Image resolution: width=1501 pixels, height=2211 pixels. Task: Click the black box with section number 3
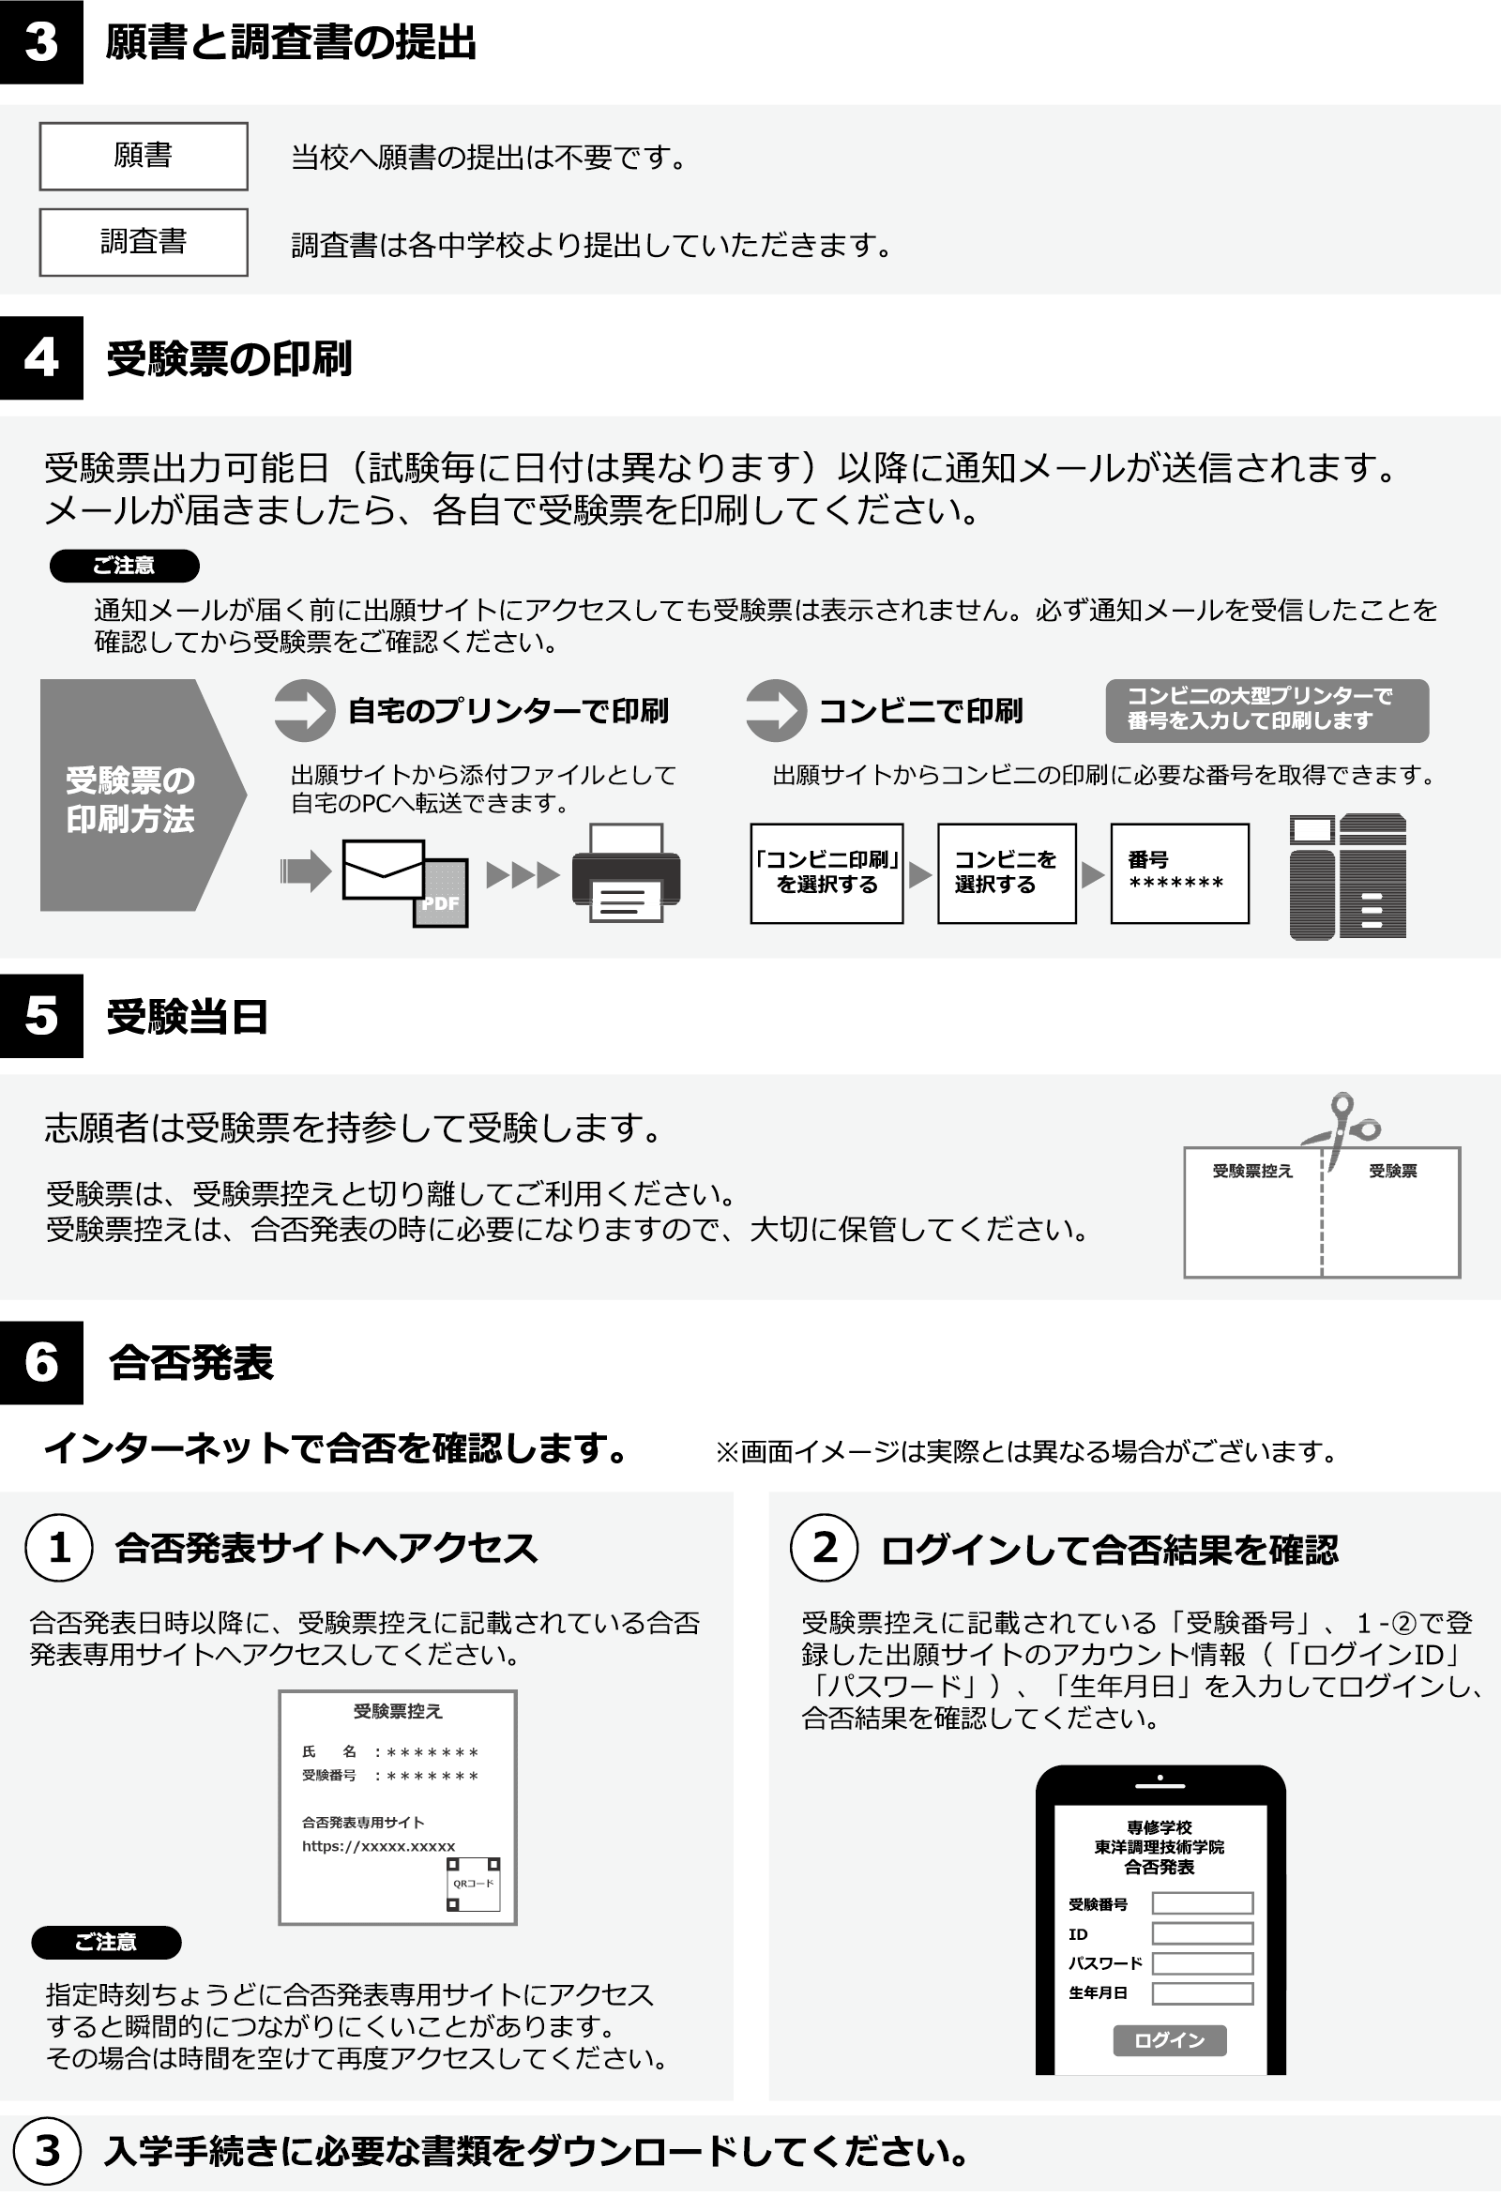pos(41,42)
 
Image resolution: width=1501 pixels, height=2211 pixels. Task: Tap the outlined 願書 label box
pos(144,156)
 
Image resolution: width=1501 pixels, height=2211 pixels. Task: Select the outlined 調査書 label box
pos(144,243)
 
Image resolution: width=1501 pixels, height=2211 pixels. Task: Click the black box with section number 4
pos(41,357)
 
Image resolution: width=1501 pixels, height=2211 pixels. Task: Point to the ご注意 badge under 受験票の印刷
pos(125,565)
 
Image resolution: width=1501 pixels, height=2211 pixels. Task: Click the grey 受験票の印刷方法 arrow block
pos(143,795)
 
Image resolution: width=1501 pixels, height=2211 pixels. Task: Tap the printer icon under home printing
pos(626,872)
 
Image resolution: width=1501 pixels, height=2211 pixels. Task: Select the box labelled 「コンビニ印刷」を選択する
pos(826,873)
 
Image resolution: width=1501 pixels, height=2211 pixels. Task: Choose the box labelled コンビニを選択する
pos(1007,873)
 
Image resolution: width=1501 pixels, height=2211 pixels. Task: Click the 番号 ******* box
pos(1179,873)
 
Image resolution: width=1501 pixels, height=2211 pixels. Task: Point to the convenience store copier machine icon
pos(1348,876)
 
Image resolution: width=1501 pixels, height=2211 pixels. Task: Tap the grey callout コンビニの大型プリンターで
pos(1267,711)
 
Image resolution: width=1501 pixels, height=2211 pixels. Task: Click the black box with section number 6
pos(41,1362)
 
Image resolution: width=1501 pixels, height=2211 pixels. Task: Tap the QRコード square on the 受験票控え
pos(474,1884)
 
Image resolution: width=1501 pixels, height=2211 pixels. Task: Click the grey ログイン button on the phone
pos(1169,2039)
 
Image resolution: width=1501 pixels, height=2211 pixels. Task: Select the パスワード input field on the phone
pos(1203,1962)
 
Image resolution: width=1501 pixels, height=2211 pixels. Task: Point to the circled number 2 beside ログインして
pos(825,1548)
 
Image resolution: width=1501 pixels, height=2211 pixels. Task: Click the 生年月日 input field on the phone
pos(1203,1993)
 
